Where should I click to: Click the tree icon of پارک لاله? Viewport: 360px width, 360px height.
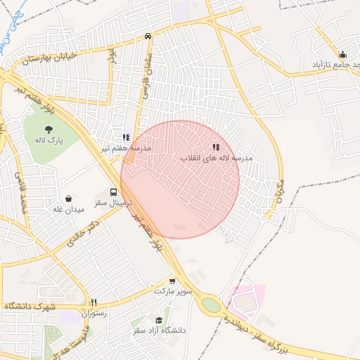(x=49, y=129)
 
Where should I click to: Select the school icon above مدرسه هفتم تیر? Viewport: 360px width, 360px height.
(x=126, y=138)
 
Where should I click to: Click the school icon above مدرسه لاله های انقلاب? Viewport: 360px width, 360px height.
(x=216, y=148)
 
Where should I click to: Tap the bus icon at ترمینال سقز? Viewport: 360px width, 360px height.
(x=113, y=192)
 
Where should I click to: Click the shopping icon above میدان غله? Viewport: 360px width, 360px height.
(x=68, y=199)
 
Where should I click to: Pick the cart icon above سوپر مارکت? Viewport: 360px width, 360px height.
(x=172, y=281)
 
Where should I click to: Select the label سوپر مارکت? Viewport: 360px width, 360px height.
(x=169, y=291)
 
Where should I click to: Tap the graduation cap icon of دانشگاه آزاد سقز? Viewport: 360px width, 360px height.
(x=159, y=320)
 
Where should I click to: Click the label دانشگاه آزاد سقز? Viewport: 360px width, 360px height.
(x=158, y=330)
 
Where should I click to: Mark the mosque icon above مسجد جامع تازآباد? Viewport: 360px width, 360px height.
(x=342, y=55)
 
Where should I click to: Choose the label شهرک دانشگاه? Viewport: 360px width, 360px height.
(x=30, y=307)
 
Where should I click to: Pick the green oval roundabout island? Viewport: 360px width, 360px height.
(x=210, y=305)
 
